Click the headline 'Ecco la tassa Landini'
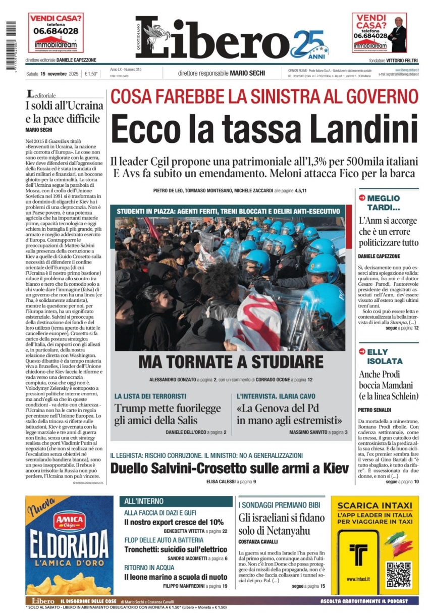pyautogui.click(x=264, y=129)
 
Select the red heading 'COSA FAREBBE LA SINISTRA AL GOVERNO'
pyautogui.click(x=264, y=96)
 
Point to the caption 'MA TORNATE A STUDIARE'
pyautogui.click(x=231, y=362)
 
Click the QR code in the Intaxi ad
pyautogui.click(x=399, y=574)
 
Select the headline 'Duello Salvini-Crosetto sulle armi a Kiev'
pyautogui.click(x=230, y=468)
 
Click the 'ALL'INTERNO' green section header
pyautogui.click(x=144, y=501)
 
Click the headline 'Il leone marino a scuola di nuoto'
pyautogui.click(x=176, y=577)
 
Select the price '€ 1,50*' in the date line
pyautogui.click(x=91, y=74)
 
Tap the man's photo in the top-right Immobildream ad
pyautogui.click(x=398, y=32)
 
